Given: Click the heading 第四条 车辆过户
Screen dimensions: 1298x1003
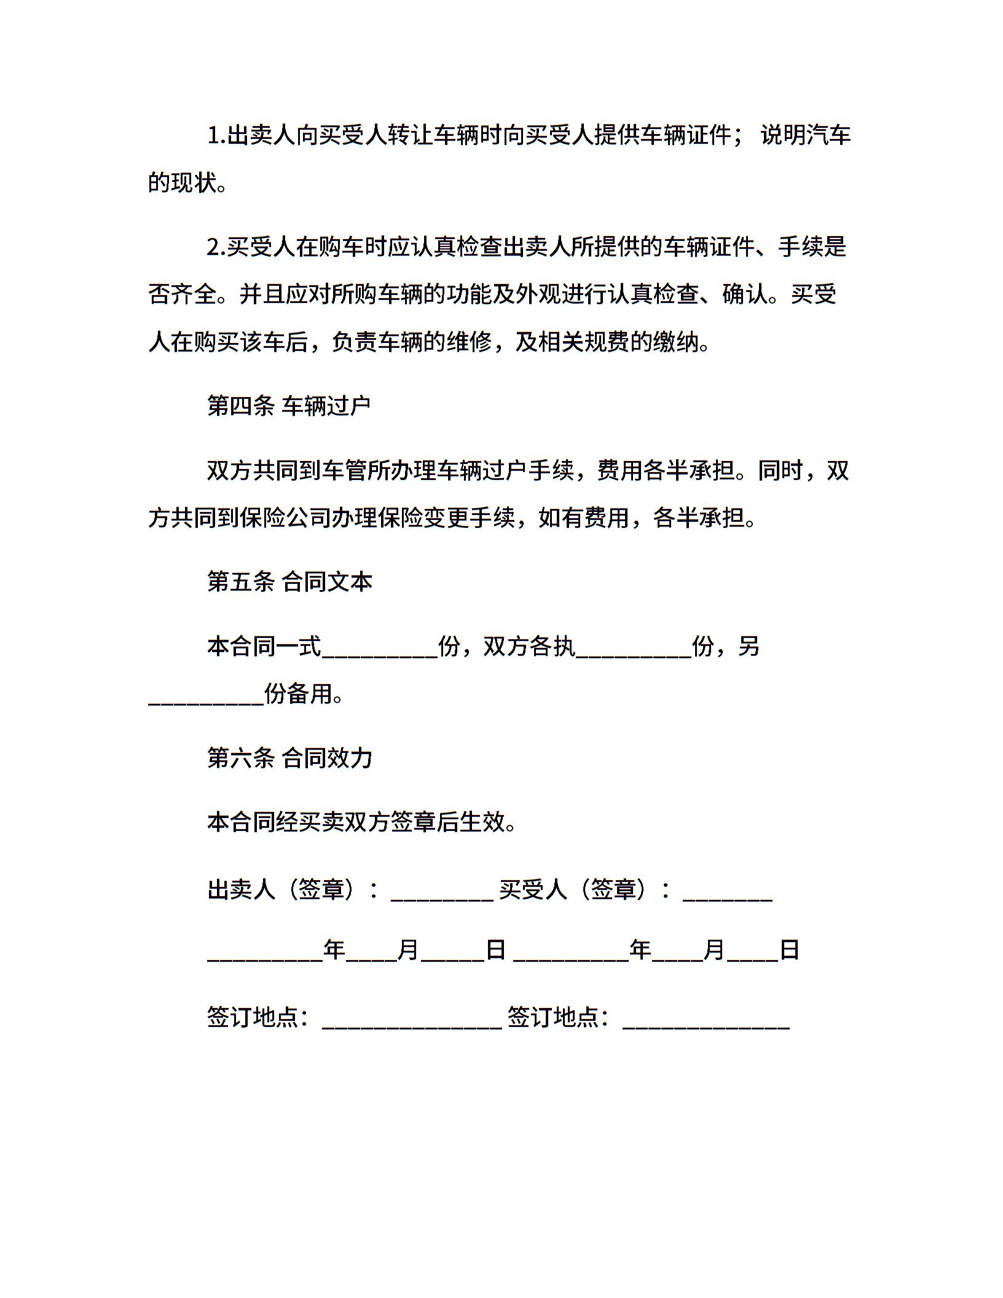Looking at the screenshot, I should [x=289, y=406].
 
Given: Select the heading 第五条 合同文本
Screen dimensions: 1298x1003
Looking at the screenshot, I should [x=289, y=582].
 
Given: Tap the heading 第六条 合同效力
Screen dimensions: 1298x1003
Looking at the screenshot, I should [x=289, y=758].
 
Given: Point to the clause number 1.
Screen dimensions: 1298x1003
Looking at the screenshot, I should [x=216, y=135].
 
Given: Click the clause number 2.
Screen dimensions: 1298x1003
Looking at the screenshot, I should [x=216, y=247].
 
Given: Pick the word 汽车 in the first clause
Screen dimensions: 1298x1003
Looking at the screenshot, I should [x=828, y=135].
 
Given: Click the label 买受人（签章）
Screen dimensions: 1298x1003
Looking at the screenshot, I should [x=584, y=889].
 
